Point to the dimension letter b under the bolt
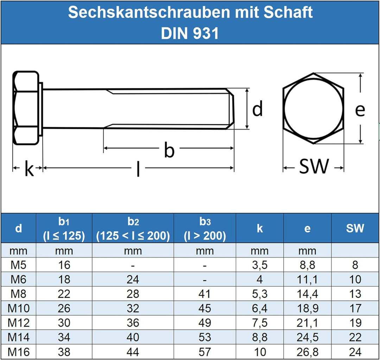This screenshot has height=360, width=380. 169,150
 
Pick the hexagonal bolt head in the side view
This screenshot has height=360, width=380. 26,108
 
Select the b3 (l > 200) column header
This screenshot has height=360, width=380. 204,229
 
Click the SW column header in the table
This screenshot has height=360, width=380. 355,228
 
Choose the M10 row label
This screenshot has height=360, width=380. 19,308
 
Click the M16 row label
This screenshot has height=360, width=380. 19,352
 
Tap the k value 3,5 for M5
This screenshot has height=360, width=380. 260,265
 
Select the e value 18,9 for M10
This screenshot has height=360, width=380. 307,308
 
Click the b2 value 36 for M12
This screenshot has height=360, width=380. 133,323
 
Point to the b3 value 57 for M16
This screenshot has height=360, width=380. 204,352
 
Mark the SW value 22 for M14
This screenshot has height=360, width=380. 355,337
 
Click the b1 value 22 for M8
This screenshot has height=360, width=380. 64,294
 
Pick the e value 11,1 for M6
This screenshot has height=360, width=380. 307,279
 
